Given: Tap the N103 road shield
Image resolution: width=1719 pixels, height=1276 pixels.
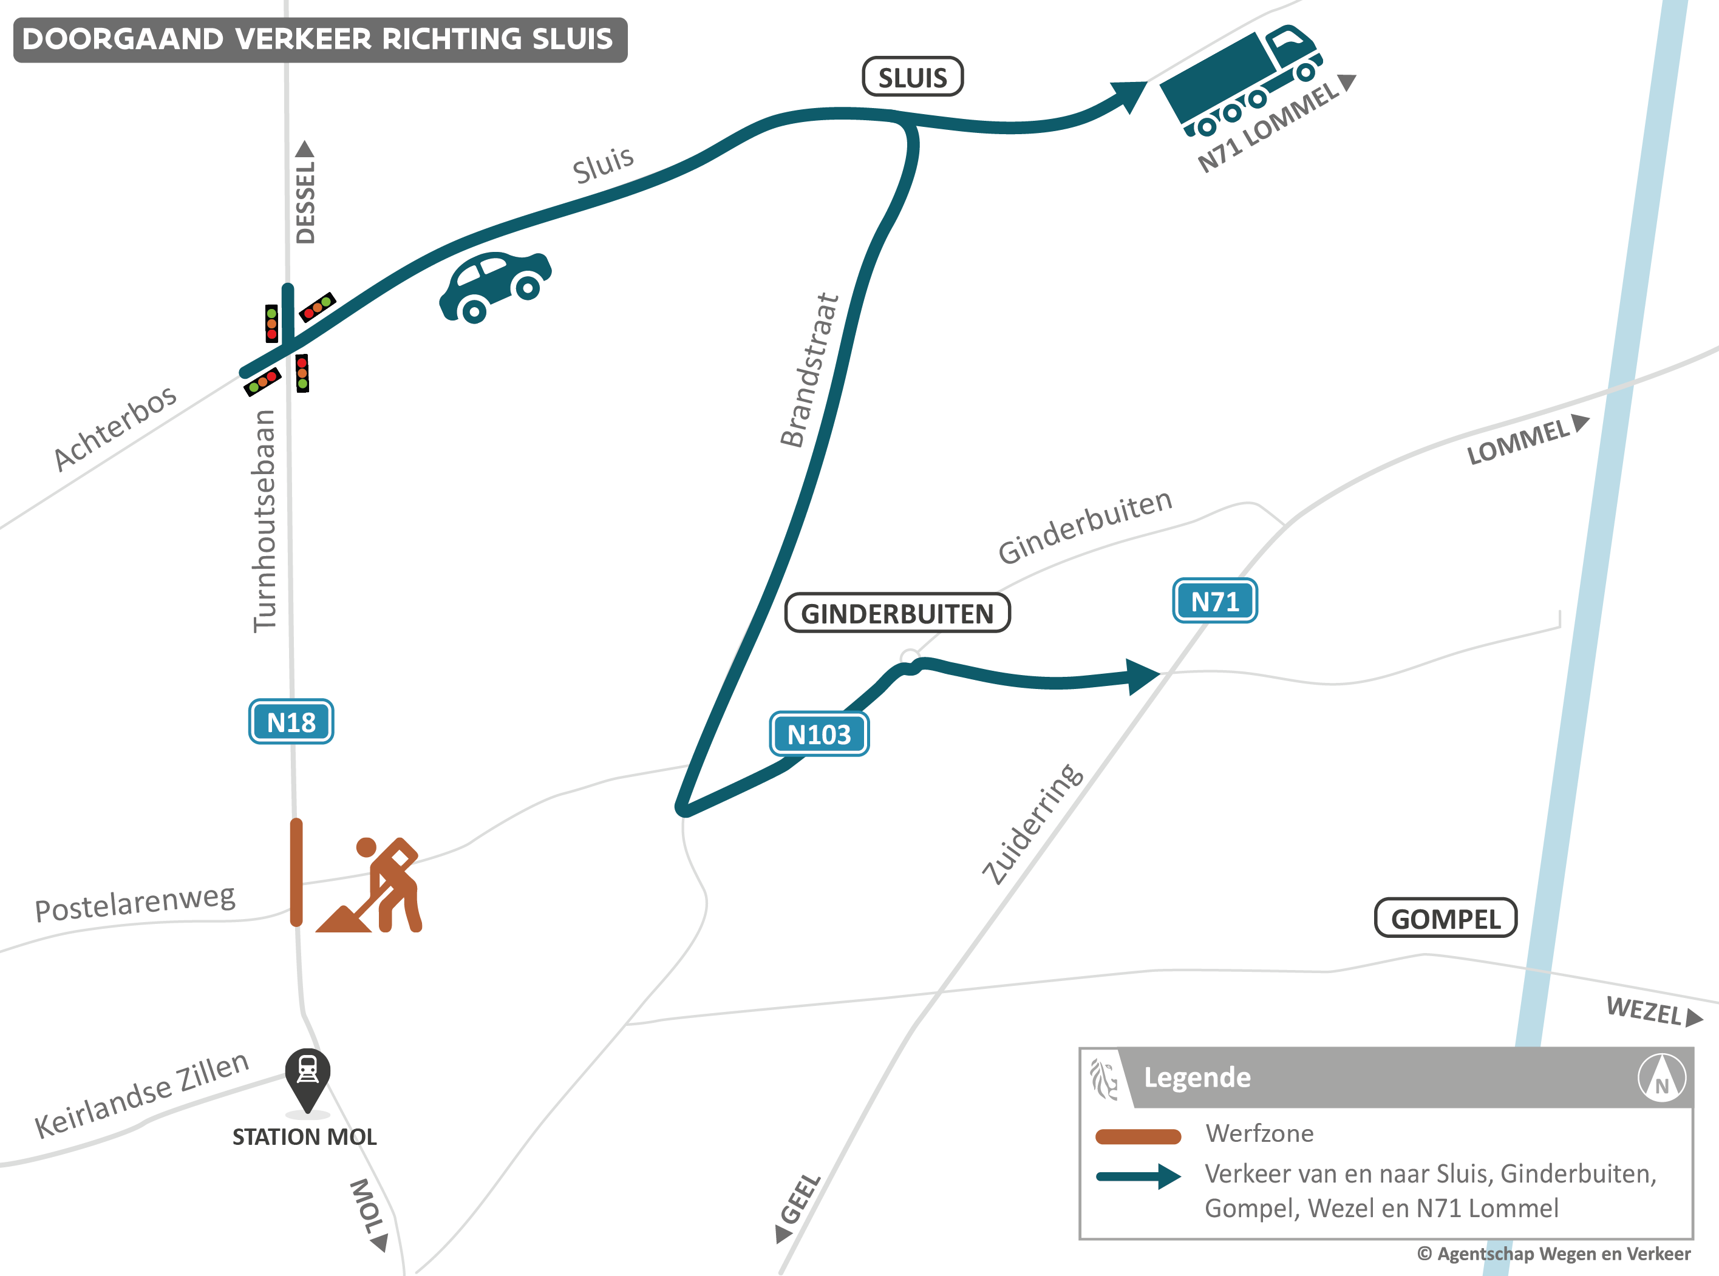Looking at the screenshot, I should tap(819, 734).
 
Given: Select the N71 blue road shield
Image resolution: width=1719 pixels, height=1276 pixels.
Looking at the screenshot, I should tap(1214, 601).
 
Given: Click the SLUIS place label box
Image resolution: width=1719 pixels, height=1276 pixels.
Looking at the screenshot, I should tap(913, 77).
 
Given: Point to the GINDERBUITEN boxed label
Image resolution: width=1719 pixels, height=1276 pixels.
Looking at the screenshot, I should tap(897, 613).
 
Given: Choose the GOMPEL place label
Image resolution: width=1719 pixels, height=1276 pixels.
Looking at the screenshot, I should tap(1446, 918).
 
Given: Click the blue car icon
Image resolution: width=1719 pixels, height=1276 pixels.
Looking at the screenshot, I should tap(495, 286).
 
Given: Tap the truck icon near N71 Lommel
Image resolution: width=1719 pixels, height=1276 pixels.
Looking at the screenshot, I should tap(1240, 81).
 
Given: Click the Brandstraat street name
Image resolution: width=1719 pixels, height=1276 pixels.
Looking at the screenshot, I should tap(809, 371).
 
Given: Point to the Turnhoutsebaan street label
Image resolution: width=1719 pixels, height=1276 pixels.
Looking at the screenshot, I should tap(265, 521).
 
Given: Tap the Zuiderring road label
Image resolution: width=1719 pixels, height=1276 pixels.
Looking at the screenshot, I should tap(1032, 824).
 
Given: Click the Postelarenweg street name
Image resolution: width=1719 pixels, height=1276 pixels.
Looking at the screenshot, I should tap(135, 902).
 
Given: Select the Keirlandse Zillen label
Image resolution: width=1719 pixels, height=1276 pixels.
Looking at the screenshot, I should tap(141, 1095).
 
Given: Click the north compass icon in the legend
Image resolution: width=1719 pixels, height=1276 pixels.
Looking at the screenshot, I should tap(1662, 1077).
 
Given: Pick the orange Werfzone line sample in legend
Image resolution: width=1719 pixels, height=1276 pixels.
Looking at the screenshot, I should tap(1138, 1135).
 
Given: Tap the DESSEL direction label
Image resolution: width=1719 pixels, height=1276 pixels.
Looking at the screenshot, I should tap(305, 197).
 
